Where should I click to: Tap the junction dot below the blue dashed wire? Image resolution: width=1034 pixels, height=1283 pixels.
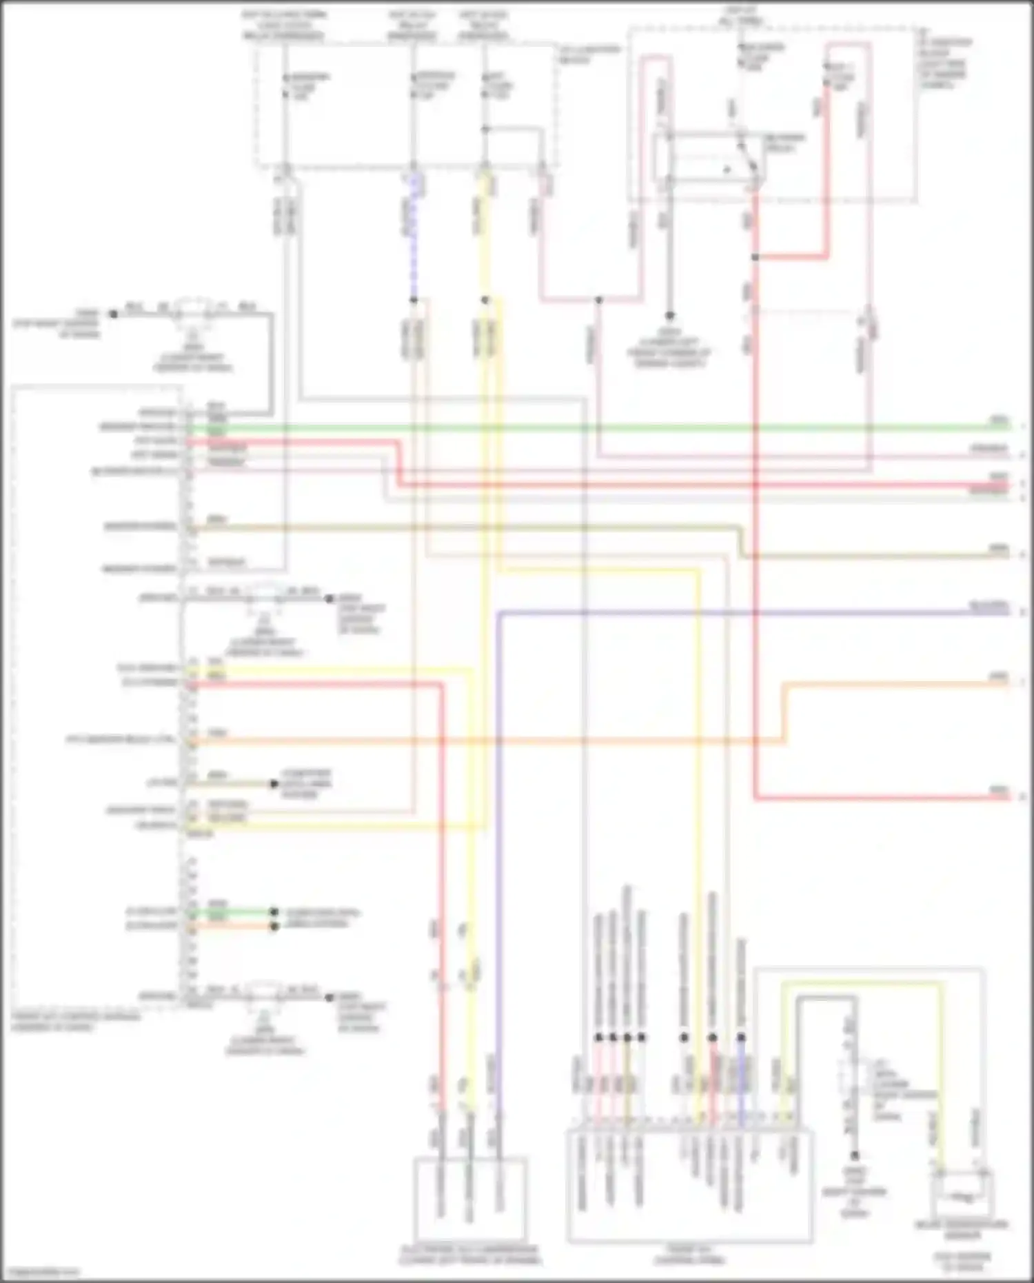pos(414,300)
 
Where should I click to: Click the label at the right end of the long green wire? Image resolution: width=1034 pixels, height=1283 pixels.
pos(999,420)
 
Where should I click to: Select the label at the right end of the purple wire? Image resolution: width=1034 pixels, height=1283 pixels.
pos(989,605)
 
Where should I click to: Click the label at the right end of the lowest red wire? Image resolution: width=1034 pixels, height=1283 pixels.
pos(999,790)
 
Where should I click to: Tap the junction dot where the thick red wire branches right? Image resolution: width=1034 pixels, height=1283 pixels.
pos(756,257)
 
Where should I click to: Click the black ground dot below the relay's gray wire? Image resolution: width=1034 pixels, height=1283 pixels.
pos(669,314)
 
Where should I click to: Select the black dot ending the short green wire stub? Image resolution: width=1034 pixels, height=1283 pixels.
pos(274,911)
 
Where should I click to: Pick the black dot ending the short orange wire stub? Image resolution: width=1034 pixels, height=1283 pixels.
pos(274,926)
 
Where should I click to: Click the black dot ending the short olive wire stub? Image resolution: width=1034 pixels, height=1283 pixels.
pos(274,784)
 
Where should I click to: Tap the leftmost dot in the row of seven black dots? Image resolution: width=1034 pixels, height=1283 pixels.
pos(598,1037)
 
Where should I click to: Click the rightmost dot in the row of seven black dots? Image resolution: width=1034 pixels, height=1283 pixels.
pos(741,1037)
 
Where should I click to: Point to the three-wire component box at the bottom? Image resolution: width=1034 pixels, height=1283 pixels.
pos(471,1198)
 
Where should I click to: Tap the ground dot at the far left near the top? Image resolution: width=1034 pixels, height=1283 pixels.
pos(113,314)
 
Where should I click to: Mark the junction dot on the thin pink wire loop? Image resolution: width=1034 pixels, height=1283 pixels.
pos(599,300)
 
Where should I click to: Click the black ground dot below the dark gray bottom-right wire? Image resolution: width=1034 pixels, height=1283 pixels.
pos(854,1155)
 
